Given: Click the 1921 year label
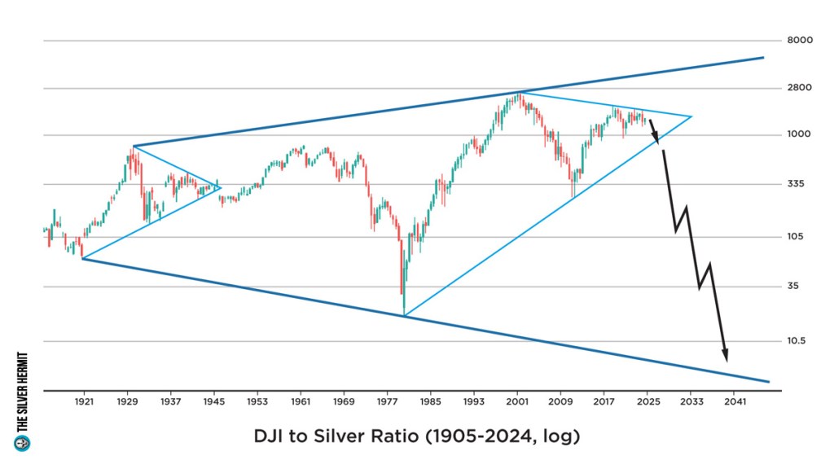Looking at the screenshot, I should click(x=84, y=402).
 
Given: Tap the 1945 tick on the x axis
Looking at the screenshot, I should click(x=214, y=402).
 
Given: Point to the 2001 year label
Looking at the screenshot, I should click(x=517, y=402).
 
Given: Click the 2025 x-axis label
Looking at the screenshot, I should click(x=647, y=402).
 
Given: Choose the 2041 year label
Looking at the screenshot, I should click(x=734, y=402).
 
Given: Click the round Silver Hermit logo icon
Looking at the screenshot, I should click(x=22, y=443).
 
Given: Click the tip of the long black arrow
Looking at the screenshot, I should click(x=726, y=360).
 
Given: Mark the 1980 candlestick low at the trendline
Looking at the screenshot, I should click(x=403, y=314).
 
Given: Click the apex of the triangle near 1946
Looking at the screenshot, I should click(x=221, y=187).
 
